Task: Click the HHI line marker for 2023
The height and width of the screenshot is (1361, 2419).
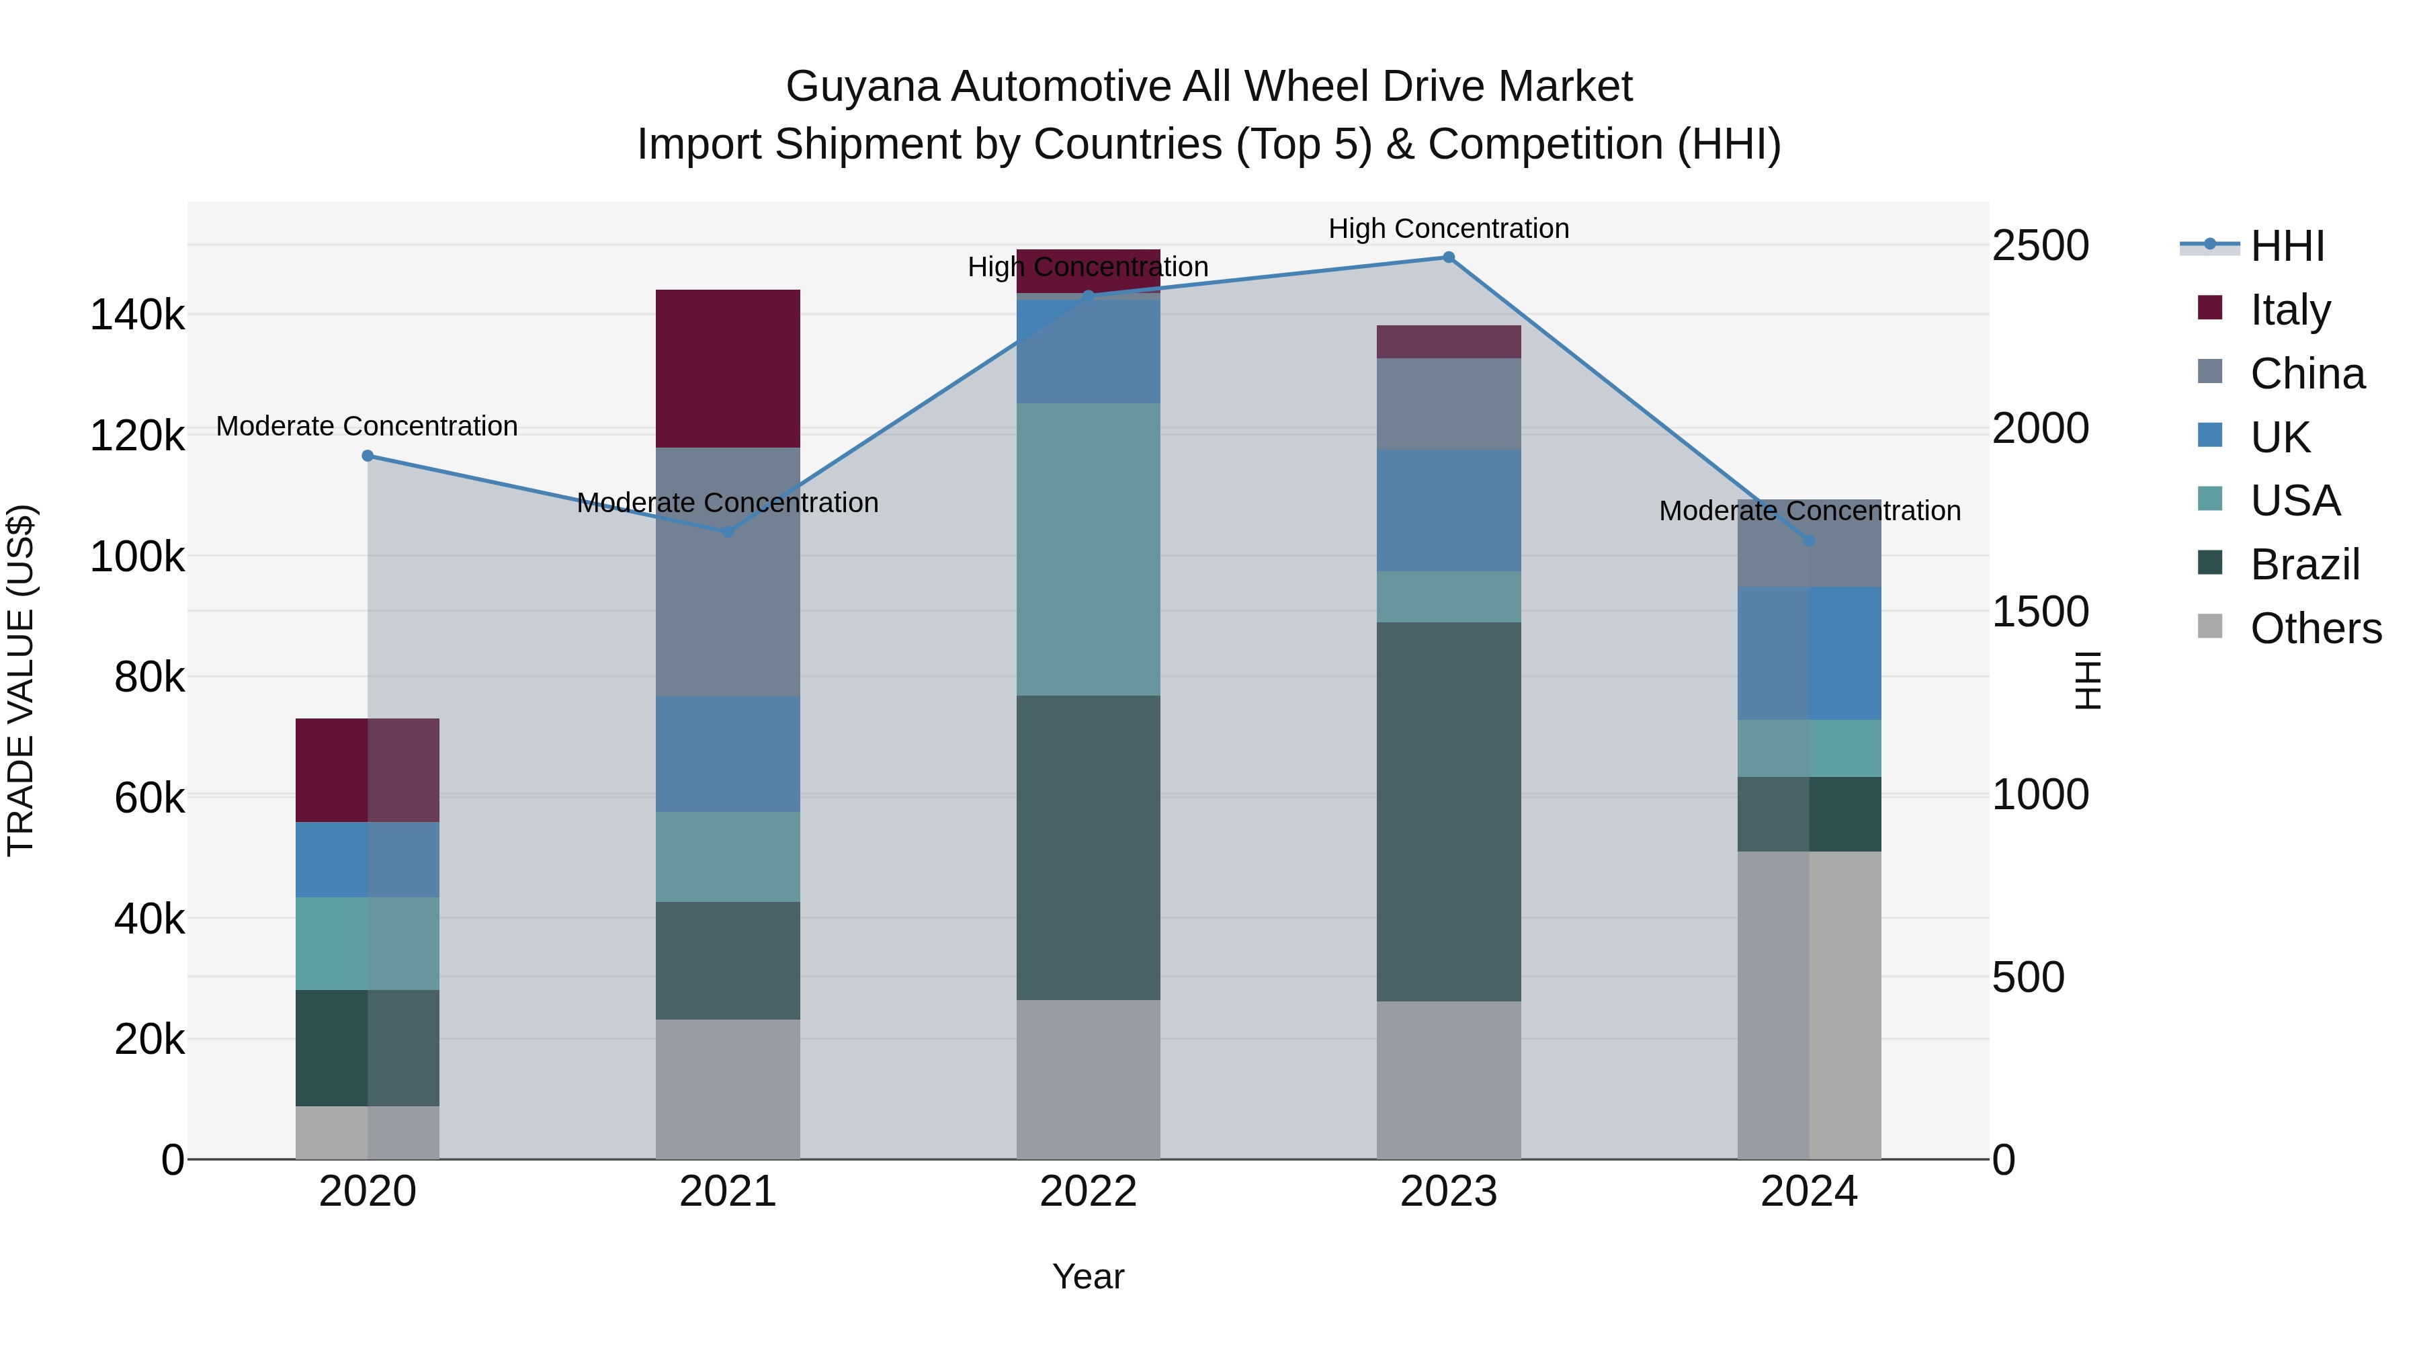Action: [x=1448, y=257]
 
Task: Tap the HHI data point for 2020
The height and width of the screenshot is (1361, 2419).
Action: [x=367, y=456]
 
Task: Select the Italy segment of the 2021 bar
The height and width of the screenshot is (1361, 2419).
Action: [x=728, y=368]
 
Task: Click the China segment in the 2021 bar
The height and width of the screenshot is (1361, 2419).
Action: [x=728, y=571]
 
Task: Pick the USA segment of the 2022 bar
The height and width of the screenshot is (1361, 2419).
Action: [x=1089, y=550]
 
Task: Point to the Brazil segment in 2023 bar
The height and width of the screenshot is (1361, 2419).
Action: [x=1448, y=811]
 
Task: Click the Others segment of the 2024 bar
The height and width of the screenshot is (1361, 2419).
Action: [x=1809, y=1005]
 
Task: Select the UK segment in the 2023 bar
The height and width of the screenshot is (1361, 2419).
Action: [x=1448, y=510]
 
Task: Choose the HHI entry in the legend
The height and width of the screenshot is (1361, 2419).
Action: [x=2287, y=246]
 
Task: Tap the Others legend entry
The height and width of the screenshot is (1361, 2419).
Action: [x=2315, y=628]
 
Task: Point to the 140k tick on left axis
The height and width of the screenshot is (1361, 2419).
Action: [x=137, y=316]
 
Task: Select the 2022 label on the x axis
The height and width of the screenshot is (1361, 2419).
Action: [x=1089, y=1192]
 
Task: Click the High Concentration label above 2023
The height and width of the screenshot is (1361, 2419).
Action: [x=1448, y=229]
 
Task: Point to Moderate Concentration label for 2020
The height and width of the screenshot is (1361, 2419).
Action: [x=367, y=426]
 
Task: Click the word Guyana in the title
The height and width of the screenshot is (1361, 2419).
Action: [x=862, y=87]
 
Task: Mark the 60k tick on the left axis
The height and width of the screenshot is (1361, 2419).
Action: [x=149, y=798]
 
